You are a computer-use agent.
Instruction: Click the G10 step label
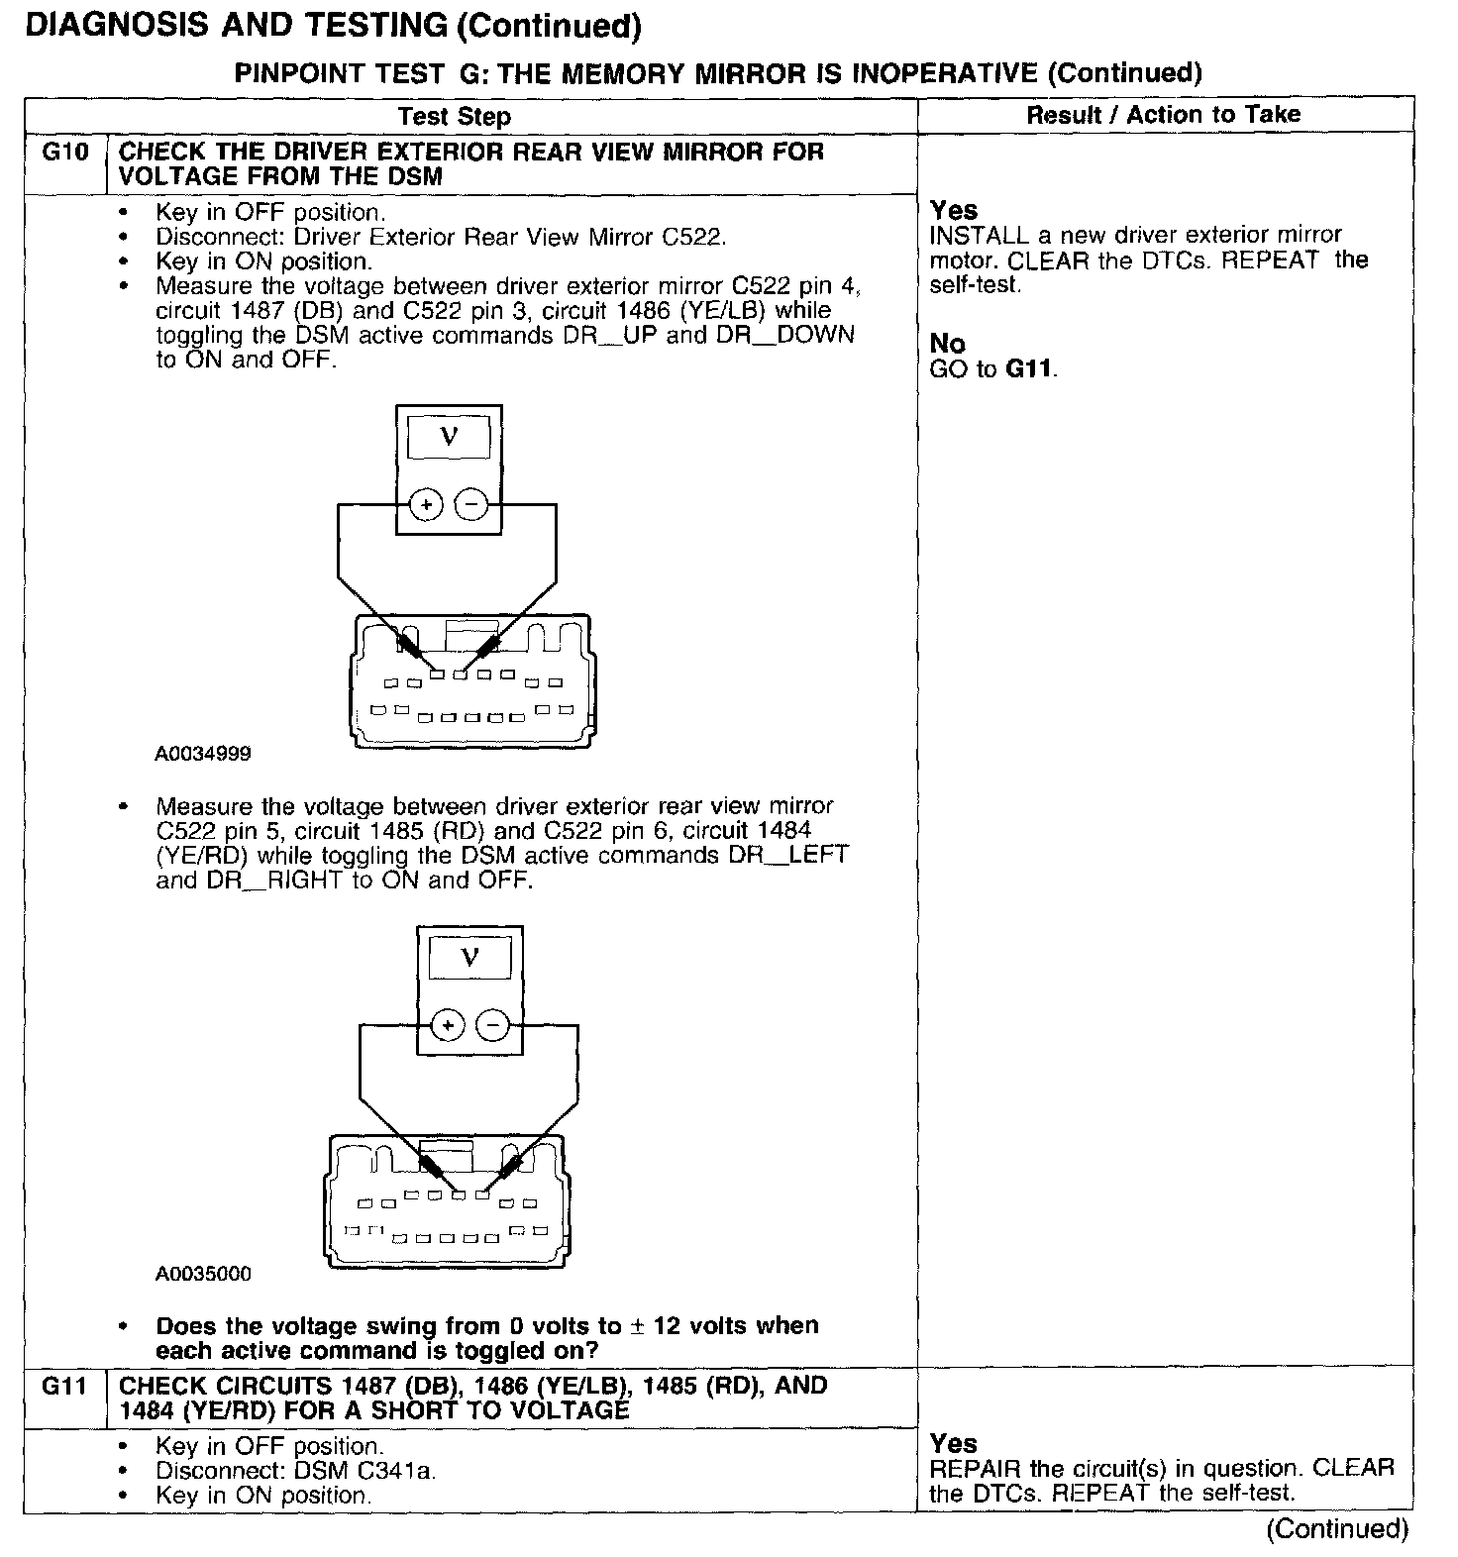point(64,153)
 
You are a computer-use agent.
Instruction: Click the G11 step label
point(64,1386)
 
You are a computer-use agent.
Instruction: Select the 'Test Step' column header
point(455,117)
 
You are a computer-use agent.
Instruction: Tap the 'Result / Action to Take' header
point(1164,115)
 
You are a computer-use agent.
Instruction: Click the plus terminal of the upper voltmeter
point(427,505)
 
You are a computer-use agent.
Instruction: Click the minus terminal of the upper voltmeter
point(471,505)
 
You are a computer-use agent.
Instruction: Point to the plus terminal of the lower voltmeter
point(448,1025)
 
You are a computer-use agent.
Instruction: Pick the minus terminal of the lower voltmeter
point(492,1025)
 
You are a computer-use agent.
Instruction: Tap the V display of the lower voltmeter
point(469,957)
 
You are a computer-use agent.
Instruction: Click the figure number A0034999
point(203,754)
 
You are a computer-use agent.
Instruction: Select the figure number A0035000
point(203,1274)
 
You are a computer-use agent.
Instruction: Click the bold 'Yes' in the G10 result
point(954,210)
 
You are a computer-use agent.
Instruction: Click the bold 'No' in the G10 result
point(947,344)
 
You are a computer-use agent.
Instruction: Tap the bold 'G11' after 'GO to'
point(1030,369)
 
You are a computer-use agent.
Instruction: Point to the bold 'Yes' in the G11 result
point(954,1443)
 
